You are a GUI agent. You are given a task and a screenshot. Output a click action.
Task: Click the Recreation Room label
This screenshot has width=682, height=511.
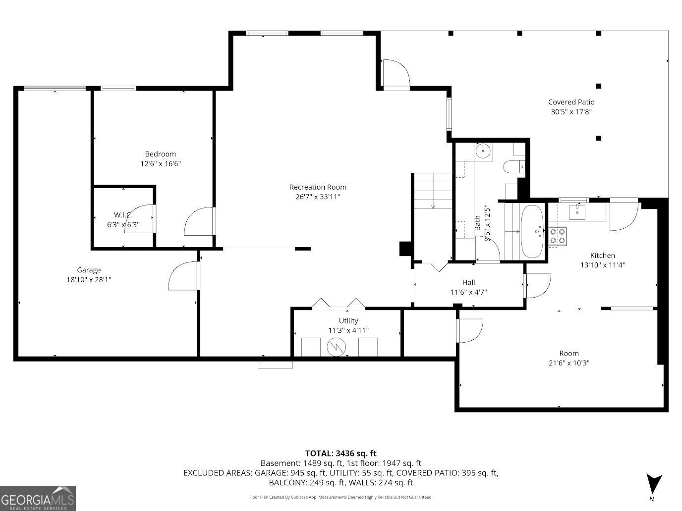pos(318,187)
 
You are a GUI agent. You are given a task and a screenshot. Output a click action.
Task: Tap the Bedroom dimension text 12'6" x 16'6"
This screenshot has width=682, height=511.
pos(160,163)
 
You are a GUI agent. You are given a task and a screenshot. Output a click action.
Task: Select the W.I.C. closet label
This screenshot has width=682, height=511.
pos(123,215)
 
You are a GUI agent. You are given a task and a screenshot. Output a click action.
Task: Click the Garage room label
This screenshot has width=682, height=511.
pos(89,270)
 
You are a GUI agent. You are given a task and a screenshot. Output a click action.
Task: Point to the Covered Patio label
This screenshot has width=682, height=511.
pos(571,102)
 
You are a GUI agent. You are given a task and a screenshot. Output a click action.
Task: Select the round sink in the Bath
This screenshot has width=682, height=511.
pos(483,151)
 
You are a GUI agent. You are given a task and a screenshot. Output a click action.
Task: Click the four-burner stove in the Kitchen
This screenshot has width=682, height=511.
pos(558,236)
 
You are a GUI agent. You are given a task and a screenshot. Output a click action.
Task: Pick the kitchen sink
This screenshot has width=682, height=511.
pos(577,211)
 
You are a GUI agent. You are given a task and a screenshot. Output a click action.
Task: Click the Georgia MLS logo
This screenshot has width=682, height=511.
pos(38,498)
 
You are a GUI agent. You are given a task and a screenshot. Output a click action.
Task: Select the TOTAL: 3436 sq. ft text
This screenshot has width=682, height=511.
pos(341,453)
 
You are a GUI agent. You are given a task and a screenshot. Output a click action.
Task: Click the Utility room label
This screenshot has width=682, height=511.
pos(348,321)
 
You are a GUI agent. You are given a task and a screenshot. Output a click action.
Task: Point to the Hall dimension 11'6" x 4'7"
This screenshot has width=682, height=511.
pos(468,292)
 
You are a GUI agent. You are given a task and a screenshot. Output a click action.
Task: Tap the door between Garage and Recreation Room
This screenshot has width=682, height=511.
pos(184,276)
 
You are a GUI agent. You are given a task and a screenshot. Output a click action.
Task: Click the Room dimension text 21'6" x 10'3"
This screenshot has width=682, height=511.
pos(568,363)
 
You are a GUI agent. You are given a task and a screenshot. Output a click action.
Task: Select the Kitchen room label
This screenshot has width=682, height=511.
pos(602,255)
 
